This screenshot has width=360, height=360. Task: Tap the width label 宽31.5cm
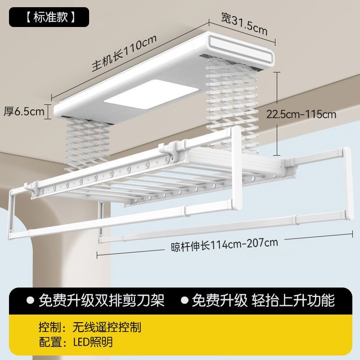pos(244,23)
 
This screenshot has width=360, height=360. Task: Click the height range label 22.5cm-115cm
pos(301,114)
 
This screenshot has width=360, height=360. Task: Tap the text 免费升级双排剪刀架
pos(102,300)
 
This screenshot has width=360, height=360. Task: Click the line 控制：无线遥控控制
pos(90,327)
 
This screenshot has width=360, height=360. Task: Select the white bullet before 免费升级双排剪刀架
pos(31,300)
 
